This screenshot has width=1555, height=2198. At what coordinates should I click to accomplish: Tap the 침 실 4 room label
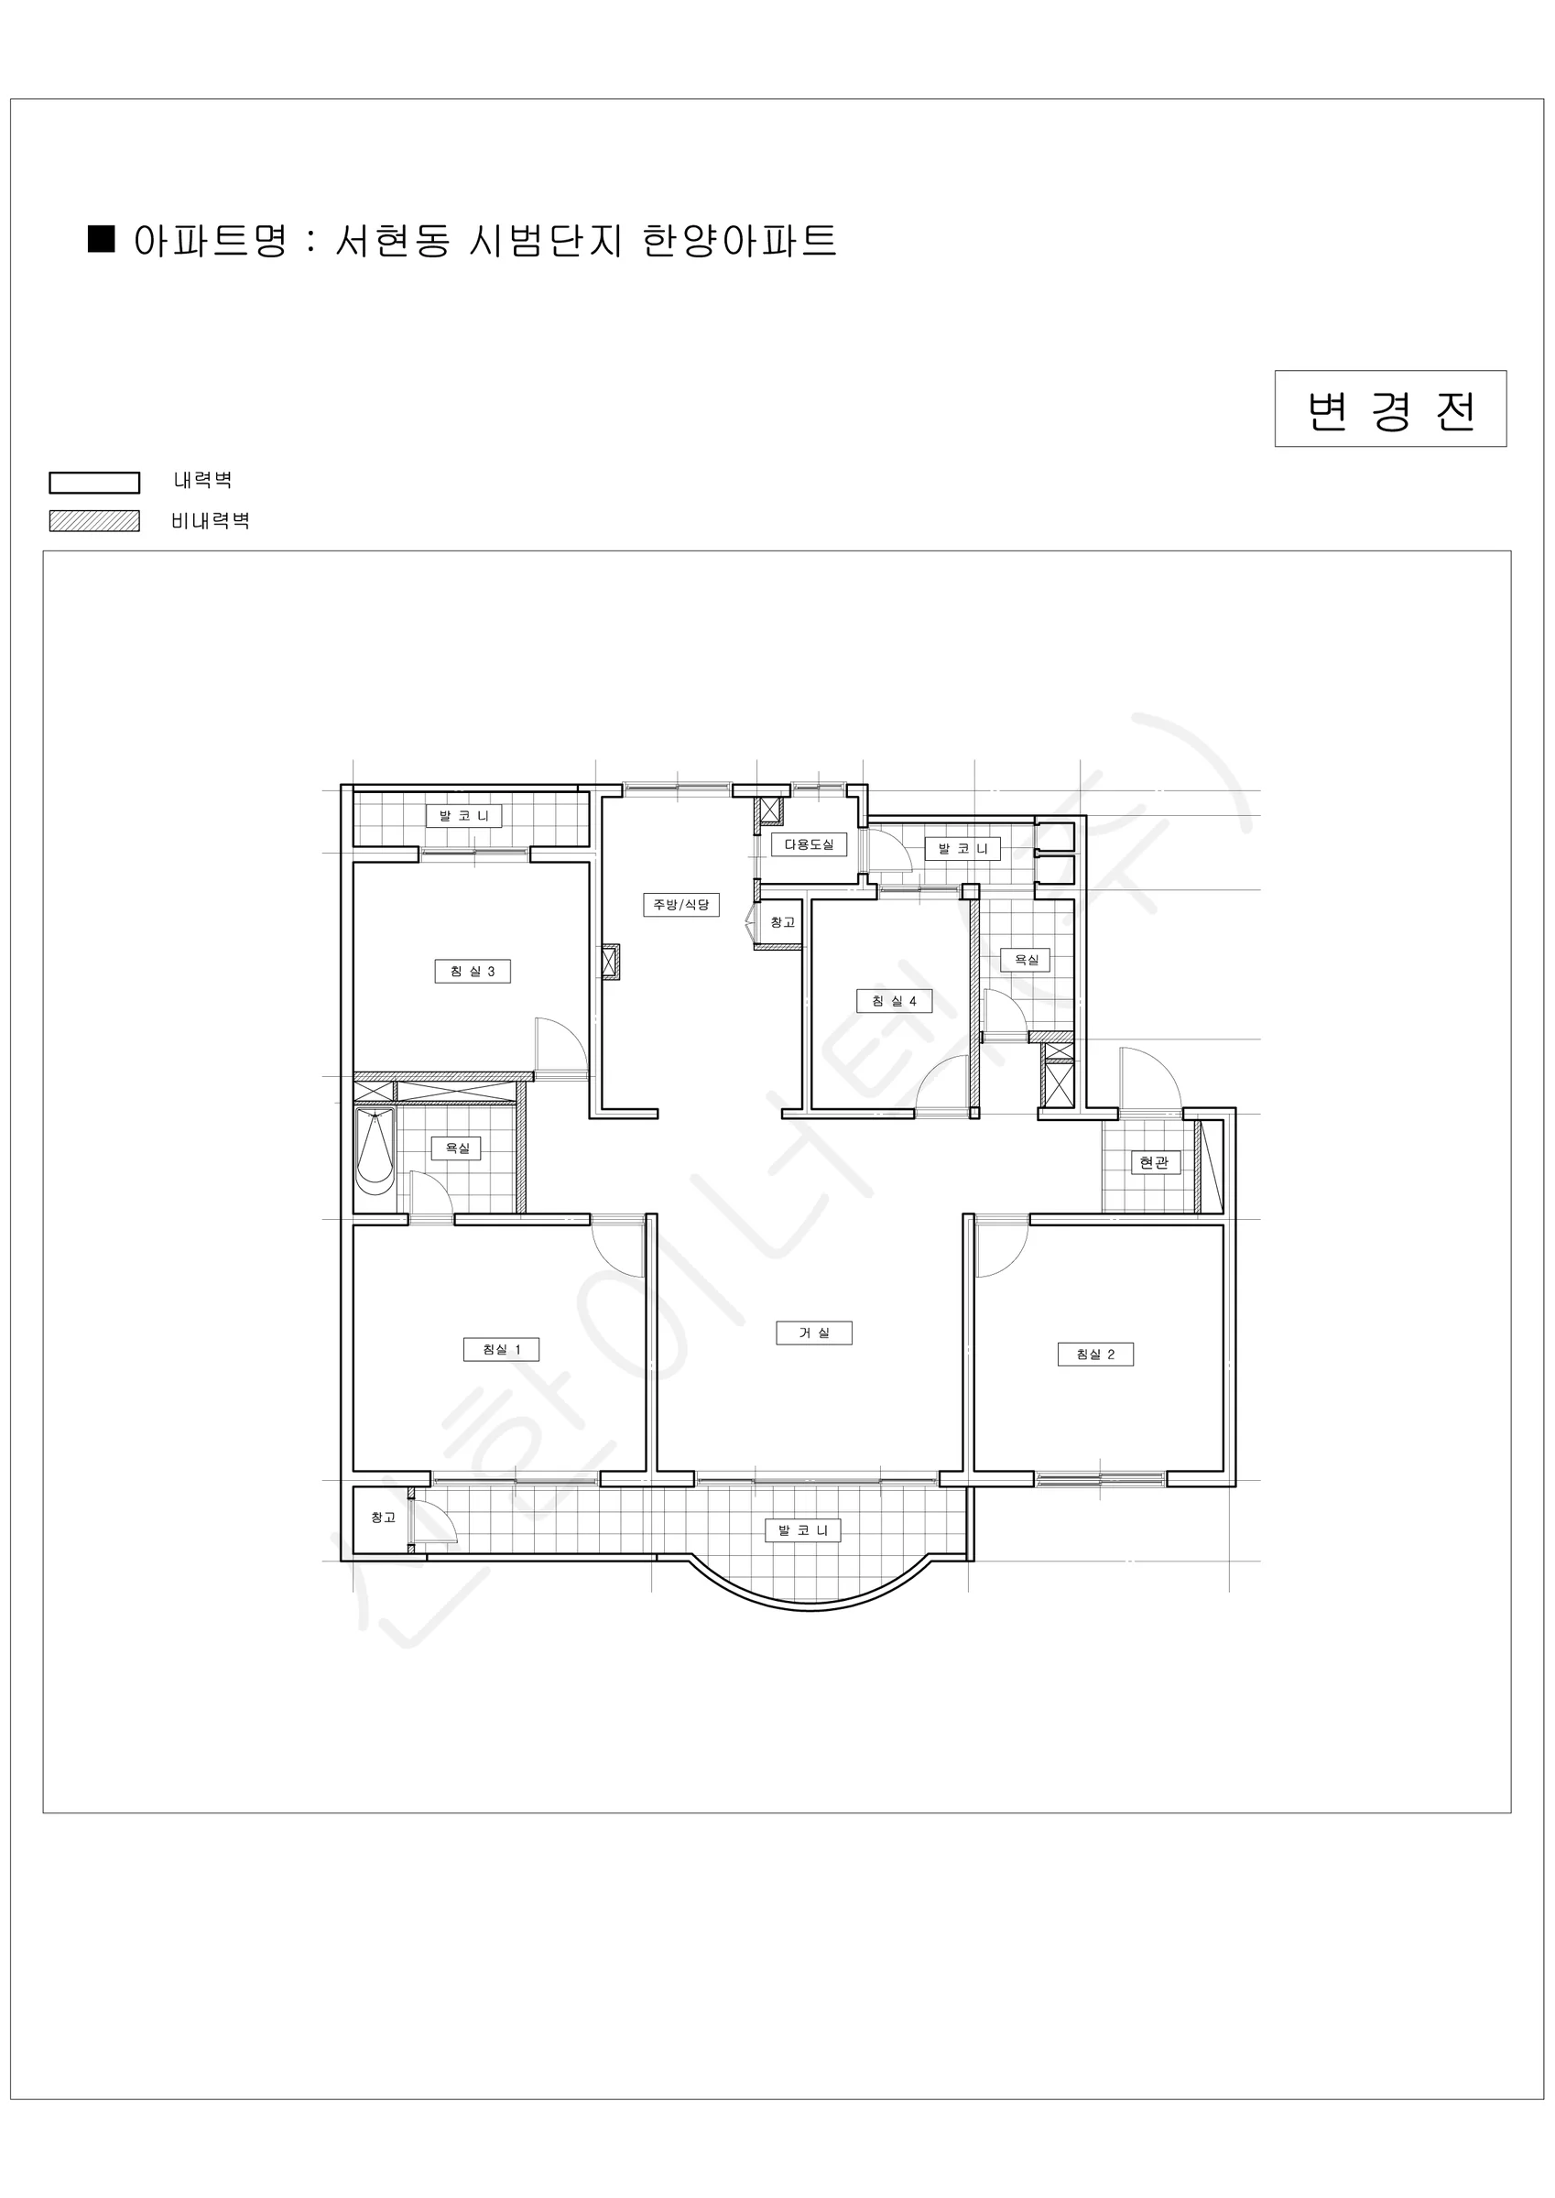895,1001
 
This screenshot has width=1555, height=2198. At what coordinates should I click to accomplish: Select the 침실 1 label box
502,1350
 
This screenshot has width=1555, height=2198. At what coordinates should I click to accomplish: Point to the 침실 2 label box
1095,1355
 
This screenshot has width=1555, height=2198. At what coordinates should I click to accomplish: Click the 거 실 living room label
814,1333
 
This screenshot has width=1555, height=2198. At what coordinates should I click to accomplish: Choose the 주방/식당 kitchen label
680,905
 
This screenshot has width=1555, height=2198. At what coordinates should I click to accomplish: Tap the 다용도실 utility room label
810,844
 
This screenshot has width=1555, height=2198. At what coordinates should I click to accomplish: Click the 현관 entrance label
1155,1162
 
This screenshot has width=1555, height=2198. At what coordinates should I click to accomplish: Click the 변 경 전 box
1390,408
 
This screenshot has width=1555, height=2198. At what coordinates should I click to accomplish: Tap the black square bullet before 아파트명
102,238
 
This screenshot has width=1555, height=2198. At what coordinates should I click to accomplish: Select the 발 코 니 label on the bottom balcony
803,1529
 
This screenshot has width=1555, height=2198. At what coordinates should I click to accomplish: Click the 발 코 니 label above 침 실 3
464,816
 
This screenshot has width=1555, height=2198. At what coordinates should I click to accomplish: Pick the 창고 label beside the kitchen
782,922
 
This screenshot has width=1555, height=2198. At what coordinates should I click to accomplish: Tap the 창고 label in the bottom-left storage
383,1518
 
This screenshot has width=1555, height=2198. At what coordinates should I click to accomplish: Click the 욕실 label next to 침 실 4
1027,959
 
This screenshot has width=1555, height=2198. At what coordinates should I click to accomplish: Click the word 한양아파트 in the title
739,239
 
